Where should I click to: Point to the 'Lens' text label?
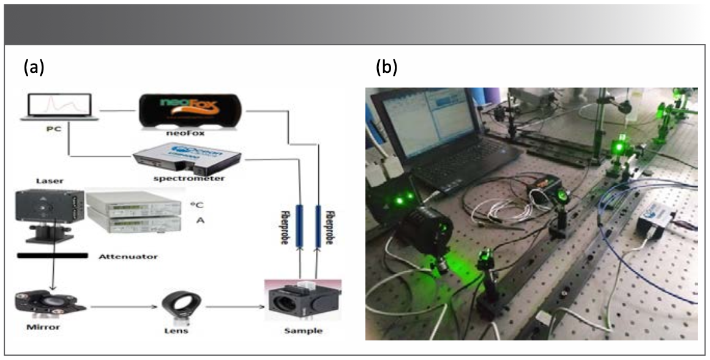(177, 331)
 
